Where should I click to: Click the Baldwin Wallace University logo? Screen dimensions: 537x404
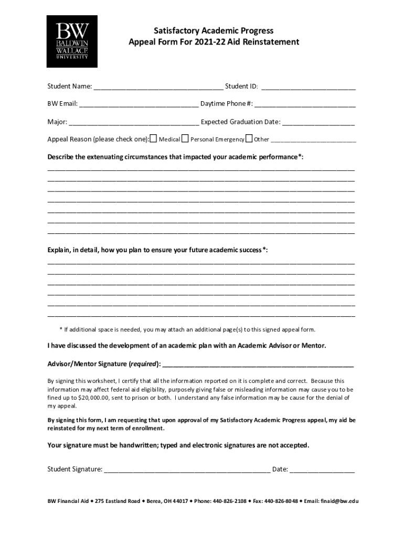(72, 41)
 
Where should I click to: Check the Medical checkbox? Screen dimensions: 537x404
(154, 139)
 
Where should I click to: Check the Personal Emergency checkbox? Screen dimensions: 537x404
(185, 139)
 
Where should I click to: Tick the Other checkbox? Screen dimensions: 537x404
(249, 139)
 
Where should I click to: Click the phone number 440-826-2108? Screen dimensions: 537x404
(229, 501)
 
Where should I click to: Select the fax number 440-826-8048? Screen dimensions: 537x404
(281, 501)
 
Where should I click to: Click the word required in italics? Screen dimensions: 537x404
(143, 363)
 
